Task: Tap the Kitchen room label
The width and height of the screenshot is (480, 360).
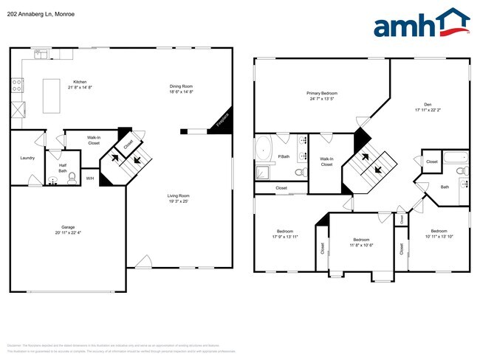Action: (79, 82)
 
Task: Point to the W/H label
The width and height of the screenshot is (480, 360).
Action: (89, 179)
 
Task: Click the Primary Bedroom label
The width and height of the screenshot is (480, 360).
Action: (322, 93)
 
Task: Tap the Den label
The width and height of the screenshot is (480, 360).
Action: (428, 103)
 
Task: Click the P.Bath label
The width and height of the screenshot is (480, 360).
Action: (283, 157)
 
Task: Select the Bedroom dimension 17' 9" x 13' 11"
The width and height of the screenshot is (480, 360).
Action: (284, 237)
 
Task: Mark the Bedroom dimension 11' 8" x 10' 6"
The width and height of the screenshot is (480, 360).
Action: (361, 246)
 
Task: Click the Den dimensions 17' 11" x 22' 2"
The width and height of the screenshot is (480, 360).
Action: (428, 110)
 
